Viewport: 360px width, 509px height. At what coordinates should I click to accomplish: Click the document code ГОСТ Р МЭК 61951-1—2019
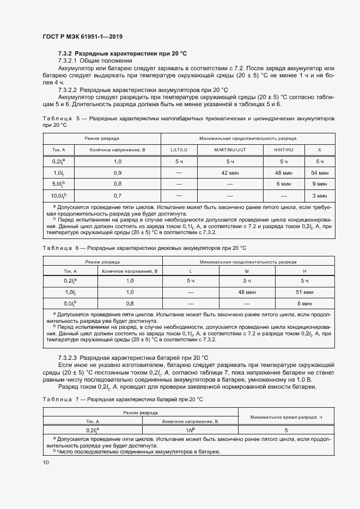(x=82, y=37)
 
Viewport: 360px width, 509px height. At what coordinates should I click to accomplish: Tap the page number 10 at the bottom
(x=45, y=462)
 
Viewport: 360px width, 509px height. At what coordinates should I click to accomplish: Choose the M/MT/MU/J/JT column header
(x=230, y=149)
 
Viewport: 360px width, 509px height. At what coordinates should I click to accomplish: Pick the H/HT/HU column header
(x=283, y=149)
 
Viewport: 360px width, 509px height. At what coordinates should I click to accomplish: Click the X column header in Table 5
(x=319, y=149)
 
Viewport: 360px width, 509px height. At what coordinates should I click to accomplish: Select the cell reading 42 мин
(x=230, y=173)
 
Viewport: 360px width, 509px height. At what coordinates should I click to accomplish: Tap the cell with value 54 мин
(x=319, y=173)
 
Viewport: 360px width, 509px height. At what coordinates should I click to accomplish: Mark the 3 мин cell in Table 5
(x=319, y=195)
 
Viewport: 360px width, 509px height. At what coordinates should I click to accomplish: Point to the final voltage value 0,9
(x=117, y=173)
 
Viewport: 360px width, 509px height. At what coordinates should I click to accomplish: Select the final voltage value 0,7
(x=117, y=195)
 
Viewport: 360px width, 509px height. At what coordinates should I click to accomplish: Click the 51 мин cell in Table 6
(x=304, y=292)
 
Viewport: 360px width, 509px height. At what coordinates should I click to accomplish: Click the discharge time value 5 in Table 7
(x=285, y=430)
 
